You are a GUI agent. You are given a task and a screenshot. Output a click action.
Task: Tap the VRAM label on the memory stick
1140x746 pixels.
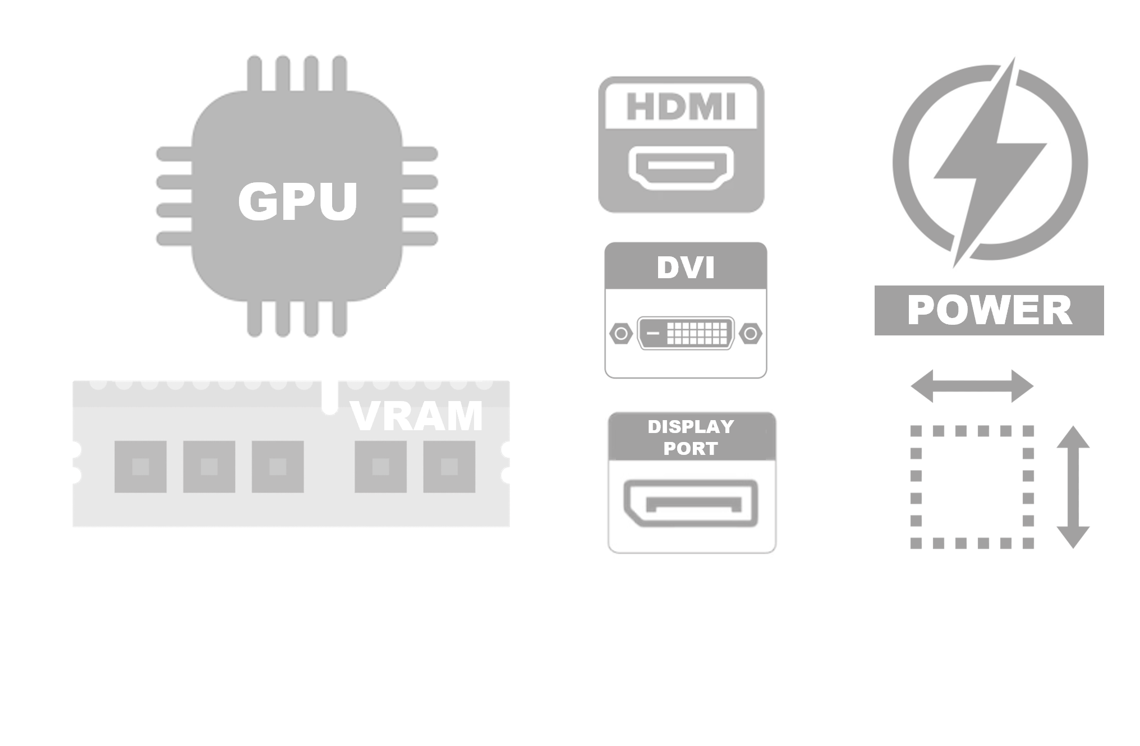coord(416,416)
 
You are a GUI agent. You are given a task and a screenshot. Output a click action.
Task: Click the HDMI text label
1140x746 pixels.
coord(681,107)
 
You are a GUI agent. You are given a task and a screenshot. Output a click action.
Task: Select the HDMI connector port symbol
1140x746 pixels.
coord(681,167)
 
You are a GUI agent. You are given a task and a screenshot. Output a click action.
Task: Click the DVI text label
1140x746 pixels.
coord(686,268)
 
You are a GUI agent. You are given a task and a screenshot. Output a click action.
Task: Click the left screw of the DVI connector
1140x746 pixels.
coord(620,334)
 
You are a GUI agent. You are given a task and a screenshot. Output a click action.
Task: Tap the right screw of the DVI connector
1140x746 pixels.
coord(751,334)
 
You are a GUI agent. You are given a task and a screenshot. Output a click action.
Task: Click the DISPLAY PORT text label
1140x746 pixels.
coord(691,438)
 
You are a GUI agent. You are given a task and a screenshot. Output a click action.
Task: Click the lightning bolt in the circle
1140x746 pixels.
coord(990,163)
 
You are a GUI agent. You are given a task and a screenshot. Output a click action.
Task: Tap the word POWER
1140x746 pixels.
coord(989,311)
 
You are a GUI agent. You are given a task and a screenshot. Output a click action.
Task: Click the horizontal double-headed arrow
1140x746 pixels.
coord(972,386)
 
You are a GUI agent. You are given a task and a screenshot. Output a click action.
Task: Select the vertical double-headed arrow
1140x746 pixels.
coord(1073,487)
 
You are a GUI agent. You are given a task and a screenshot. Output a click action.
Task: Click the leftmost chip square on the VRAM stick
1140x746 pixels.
coord(140,467)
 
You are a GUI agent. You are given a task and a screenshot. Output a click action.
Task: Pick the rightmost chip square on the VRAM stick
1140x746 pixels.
coord(449,467)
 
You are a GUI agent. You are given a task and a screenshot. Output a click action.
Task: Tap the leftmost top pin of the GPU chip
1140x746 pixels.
coord(255,73)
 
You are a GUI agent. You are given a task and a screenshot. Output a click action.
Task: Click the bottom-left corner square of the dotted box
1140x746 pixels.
coord(916,543)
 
